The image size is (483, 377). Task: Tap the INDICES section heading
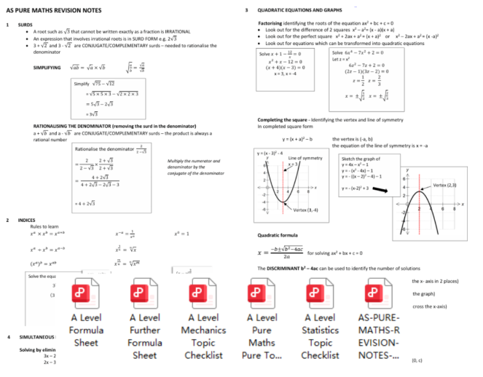(x=26, y=219)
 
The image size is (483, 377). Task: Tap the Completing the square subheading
(x=286, y=120)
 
